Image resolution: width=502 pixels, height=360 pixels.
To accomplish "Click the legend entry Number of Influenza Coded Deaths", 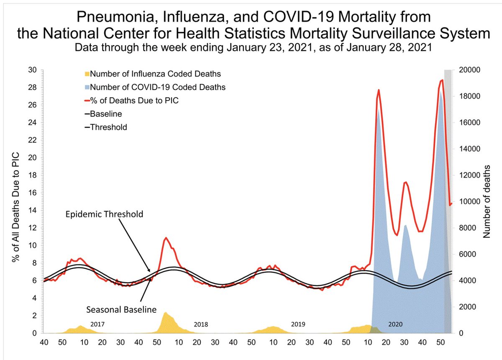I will point(155,74).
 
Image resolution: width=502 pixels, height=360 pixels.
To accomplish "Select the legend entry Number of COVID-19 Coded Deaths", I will point(158,87).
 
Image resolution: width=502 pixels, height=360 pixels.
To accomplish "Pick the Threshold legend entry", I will point(108,126).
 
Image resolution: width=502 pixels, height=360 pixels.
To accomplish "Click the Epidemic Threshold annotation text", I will point(104,214).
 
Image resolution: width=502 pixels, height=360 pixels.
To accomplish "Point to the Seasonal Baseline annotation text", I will point(121,310).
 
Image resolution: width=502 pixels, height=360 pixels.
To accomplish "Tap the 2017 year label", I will point(97,324).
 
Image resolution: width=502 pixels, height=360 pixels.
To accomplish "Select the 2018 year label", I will point(201,324).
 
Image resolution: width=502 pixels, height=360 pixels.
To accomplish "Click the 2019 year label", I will point(298,324).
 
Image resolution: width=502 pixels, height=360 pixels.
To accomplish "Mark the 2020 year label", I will point(395,324).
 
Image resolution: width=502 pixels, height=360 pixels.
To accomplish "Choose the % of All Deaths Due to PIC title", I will point(16,202).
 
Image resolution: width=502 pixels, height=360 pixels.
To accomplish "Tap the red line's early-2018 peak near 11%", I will point(166,238).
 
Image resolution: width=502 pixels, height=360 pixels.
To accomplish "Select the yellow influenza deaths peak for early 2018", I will point(165,313).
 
